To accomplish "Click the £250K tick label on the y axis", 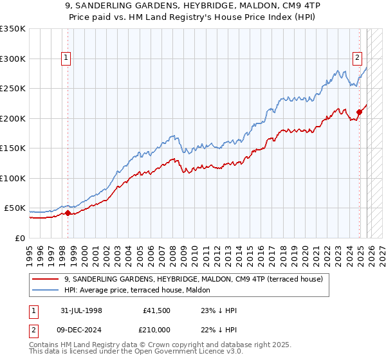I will (12, 89).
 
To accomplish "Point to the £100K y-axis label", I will (12, 178).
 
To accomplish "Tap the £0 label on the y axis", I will (19, 238).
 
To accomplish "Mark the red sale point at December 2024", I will (359, 113).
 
